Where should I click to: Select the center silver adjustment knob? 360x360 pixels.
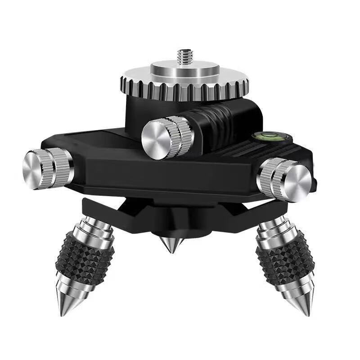tap(166, 137)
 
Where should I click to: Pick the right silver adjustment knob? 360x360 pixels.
tap(284, 179)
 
